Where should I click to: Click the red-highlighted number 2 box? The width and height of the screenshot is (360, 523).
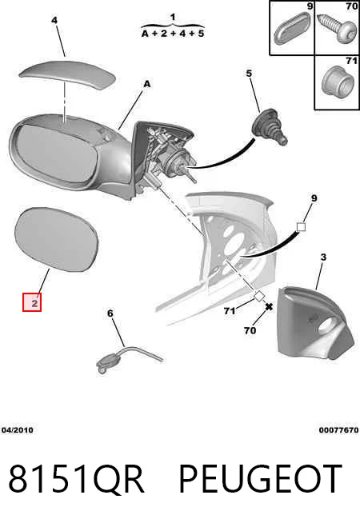32,302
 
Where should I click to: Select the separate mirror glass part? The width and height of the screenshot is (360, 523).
57,239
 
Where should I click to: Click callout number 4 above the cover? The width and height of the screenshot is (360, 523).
54,20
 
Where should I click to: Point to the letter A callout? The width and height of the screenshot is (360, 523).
147,85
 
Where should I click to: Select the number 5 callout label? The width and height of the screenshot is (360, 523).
250,73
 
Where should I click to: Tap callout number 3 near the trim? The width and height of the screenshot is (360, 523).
323,258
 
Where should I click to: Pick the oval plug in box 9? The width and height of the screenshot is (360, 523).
292,28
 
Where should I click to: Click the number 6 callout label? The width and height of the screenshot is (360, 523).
110,313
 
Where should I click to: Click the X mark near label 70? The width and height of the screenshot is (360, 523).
269,306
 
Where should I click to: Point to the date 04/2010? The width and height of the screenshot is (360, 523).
18,430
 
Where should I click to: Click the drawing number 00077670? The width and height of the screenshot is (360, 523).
338,430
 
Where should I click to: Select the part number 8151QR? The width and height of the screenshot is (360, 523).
77,479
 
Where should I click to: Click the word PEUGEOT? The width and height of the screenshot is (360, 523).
261,479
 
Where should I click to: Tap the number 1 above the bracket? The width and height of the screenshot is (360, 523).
173,17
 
